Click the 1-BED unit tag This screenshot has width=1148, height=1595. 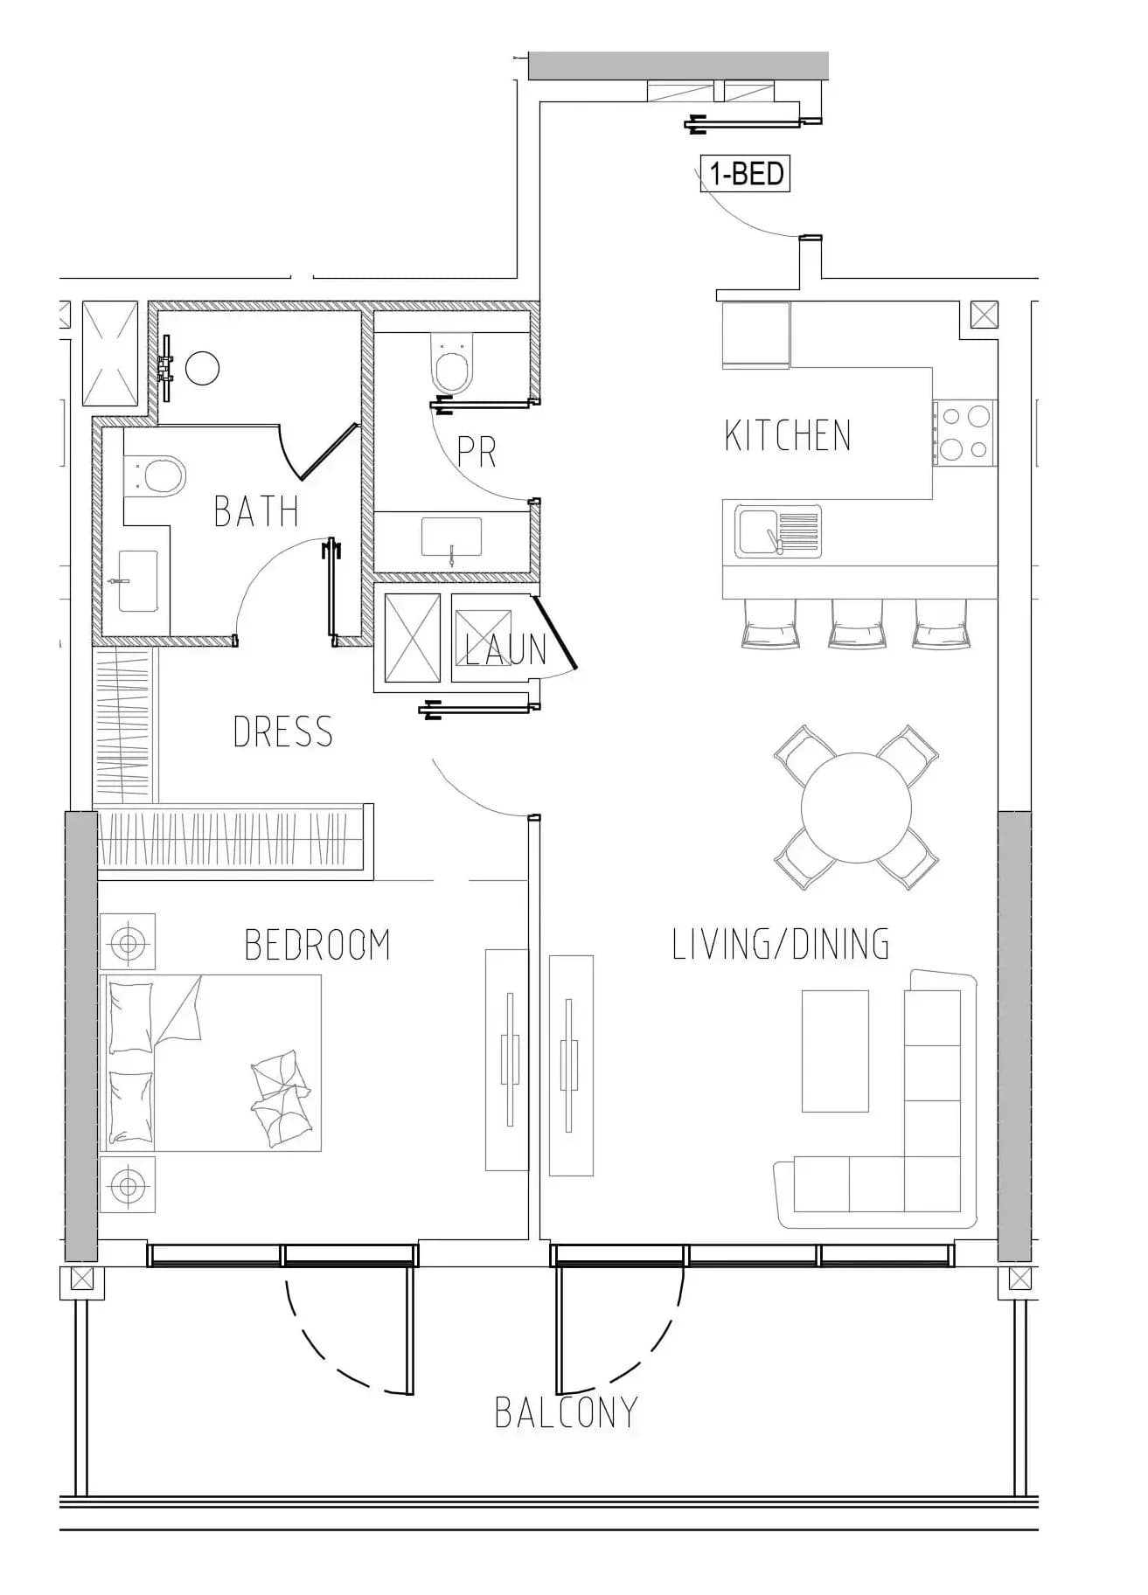(745, 174)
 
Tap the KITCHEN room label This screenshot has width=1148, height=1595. (788, 435)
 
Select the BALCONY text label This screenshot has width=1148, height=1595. (567, 1412)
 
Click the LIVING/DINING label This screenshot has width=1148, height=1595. (781, 945)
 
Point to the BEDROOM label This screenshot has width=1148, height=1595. (317, 945)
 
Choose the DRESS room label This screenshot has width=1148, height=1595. (283, 732)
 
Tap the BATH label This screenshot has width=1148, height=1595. (256, 511)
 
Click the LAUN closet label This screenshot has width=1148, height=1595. (506, 649)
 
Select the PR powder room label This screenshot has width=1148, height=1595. (477, 451)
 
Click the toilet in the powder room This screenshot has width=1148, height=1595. (453, 364)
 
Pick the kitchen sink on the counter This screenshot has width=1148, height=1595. (778, 531)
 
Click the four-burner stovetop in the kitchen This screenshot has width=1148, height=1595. (964, 433)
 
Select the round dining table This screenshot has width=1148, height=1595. (857, 808)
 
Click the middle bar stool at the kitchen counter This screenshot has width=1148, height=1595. (857, 624)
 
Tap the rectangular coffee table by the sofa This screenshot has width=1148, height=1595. (835, 1051)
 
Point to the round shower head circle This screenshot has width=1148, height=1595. (203, 368)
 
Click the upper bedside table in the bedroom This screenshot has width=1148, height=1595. (128, 942)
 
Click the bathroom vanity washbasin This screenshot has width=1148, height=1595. (137, 581)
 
